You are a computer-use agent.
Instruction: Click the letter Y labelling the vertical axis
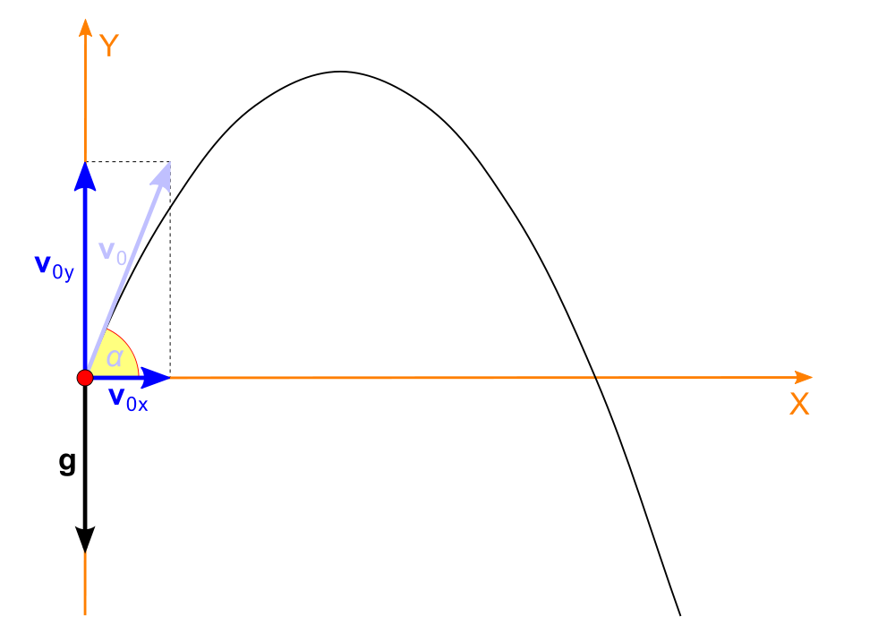109,46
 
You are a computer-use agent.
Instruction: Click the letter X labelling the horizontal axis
799,405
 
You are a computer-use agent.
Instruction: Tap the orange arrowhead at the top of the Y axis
85,27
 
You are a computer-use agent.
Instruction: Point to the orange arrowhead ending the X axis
803,378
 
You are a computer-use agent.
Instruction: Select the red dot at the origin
85,378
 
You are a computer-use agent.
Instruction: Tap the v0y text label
54,267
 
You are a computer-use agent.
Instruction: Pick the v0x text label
128,399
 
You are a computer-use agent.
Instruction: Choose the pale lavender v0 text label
113,252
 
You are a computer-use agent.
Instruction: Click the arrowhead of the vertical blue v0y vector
85,175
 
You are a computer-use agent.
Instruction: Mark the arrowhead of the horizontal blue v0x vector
158,378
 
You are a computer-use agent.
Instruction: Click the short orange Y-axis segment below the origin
85,583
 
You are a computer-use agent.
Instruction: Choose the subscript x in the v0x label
143,406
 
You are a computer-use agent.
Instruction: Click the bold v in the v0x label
115,398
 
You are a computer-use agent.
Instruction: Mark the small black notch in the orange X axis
595,378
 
